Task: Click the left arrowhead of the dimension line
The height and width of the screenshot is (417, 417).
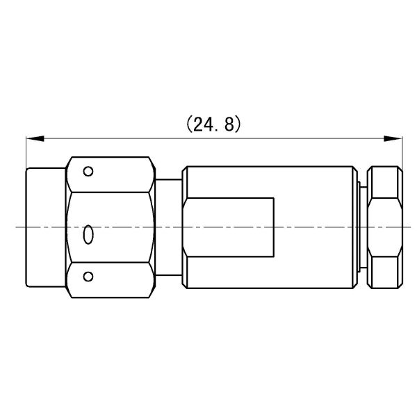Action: pyautogui.click(x=32, y=139)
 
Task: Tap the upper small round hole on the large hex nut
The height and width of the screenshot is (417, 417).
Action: pyautogui.click(x=88, y=171)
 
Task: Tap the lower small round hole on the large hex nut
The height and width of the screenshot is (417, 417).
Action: pyautogui.click(x=88, y=277)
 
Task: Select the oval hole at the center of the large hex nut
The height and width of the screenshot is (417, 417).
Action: pyautogui.click(x=88, y=236)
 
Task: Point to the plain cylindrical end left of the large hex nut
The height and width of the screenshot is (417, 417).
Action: pyautogui.click(x=46, y=227)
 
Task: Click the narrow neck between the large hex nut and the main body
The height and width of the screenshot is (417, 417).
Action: pyautogui.click(x=168, y=227)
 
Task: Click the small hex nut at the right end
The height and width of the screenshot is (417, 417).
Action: pyautogui.click(x=385, y=227)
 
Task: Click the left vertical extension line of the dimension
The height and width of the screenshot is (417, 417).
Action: pyautogui.click(x=26, y=153)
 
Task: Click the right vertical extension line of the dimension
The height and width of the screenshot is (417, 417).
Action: pyautogui.click(x=401, y=153)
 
